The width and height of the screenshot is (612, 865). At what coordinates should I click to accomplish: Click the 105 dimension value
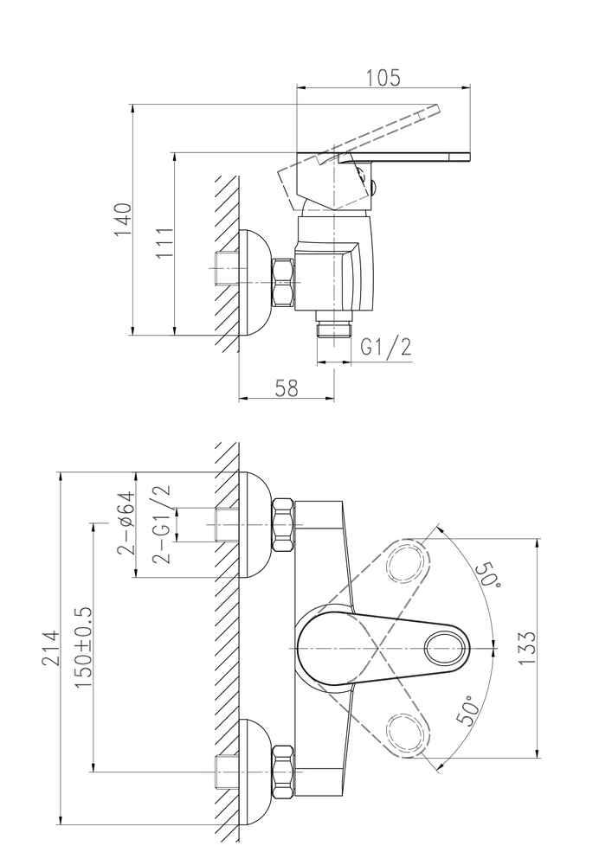[x=383, y=77]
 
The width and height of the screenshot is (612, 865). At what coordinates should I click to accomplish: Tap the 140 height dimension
[x=124, y=220]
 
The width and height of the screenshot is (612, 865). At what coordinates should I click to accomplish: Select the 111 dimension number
[x=164, y=243]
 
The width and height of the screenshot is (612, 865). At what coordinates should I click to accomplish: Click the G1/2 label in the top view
[x=386, y=348]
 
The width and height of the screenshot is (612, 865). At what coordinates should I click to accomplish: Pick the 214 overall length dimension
[x=50, y=648]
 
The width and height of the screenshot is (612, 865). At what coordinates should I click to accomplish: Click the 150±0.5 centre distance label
[x=83, y=646]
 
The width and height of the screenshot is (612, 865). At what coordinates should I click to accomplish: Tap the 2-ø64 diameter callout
[x=126, y=522]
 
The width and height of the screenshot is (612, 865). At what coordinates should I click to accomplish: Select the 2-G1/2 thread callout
[x=162, y=523]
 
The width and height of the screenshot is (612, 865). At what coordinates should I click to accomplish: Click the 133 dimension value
[x=527, y=647]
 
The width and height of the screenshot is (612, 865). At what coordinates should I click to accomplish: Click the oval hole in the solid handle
[x=447, y=647]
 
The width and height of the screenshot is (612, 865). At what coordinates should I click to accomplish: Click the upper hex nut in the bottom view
[x=283, y=525]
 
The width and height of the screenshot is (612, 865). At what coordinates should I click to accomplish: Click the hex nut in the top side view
[x=283, y=283]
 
